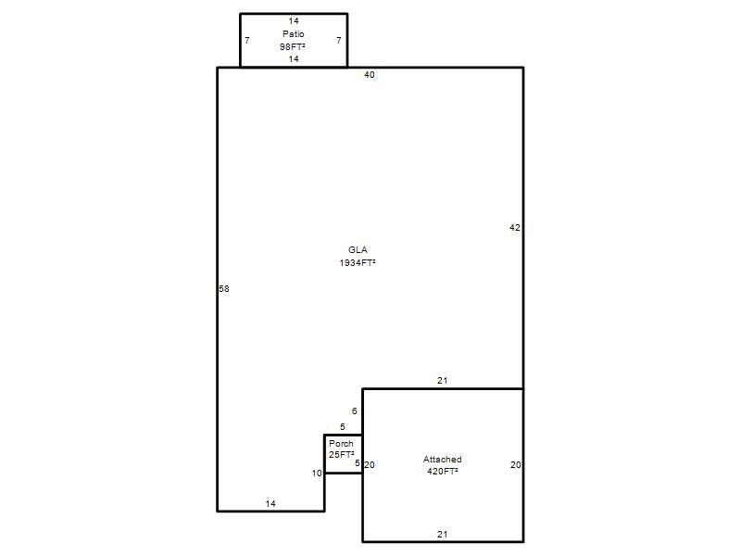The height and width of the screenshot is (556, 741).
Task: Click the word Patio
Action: point(293,34)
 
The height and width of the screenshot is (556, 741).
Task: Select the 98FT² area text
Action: point(292,47)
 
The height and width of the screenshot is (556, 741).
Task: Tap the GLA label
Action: point(358,250)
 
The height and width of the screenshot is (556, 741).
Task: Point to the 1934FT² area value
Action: point(358,263)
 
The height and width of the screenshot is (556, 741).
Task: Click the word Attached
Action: point(443,459)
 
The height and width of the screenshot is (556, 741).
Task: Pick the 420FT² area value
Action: point(443,472)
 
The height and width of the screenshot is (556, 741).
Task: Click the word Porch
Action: point(341,444)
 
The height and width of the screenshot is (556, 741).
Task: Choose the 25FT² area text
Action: point(341,455)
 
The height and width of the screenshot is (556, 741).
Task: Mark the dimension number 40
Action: point(370,75)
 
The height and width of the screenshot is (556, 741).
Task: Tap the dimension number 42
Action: point(515,228)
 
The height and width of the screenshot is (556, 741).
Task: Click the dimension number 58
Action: point(224,289)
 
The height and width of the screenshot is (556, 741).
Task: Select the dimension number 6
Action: point(355,411)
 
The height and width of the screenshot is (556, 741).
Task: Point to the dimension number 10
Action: point(317,474)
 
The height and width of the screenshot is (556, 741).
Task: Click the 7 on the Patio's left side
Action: point(247,41)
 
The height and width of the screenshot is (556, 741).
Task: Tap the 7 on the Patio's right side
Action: point(338,41)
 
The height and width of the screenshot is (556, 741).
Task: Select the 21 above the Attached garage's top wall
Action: point(443,381)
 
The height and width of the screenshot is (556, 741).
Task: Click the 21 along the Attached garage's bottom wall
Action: point(443,535)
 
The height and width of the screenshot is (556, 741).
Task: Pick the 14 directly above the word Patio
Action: point(294,21)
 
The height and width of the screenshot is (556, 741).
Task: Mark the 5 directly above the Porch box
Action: point(343,427)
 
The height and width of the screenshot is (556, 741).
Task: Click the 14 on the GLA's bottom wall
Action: point(270,504)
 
